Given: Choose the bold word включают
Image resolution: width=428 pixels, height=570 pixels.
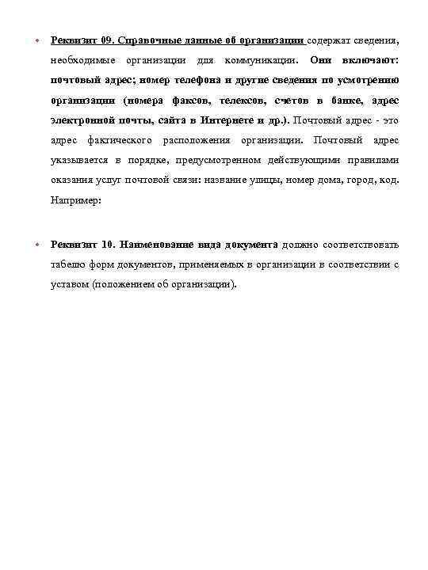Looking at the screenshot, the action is pyautogui.click(x=370, y=59).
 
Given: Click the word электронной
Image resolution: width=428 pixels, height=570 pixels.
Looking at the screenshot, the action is pyautogui.click(x=80, y=121).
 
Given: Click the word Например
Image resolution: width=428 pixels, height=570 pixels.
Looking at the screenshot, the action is pyautogui.click(x=75, y=202).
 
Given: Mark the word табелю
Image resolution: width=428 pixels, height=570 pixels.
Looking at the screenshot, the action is pyautogui.click(x=70, y=264).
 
